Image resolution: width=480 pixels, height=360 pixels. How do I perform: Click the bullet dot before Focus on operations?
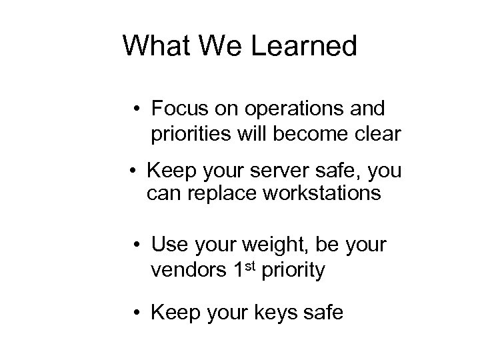pyautogui.click(x=135, y=108)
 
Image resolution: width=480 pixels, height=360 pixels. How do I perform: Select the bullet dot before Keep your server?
pyautogui.click(x=133, y=171)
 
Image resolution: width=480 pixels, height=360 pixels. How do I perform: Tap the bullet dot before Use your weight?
pyautogui.click(x=135, y=245)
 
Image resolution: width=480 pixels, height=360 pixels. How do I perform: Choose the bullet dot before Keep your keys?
pyautogui.click(x=135, y=311)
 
